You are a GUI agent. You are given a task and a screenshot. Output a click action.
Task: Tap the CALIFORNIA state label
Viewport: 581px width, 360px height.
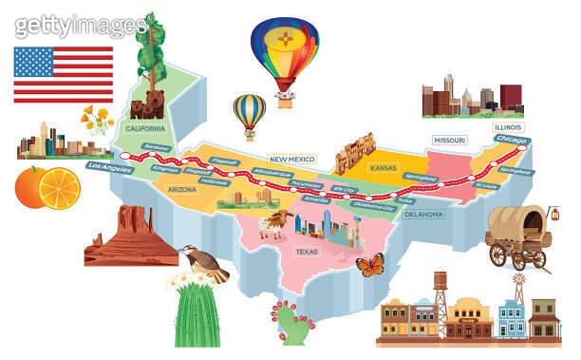pyautogui.click(x=145, y=127)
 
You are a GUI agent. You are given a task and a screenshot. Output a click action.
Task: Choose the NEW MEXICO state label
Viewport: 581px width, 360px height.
pyautogui.click(x=290, y=160)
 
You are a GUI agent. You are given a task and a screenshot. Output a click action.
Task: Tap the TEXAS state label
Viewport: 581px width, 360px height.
pyautogui.click(x=307, y=253)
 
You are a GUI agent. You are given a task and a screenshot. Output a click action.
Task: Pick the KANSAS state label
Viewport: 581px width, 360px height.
pyautogui.click(x=383, y=167)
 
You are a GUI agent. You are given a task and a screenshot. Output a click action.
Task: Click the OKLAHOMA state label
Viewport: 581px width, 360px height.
pyautogui.click(x=423, y=215)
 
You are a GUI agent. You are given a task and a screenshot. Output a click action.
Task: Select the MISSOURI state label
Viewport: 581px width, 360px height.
pyautogui.click(x=449, y=141)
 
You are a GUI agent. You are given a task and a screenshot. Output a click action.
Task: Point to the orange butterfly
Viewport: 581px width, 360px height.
pyautogui.click(x=369, y=264)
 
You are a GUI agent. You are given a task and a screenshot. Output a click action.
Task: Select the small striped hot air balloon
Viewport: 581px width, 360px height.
pyautogui.click(x=251, y=113)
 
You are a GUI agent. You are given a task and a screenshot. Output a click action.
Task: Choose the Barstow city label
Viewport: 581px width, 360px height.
pyautogui.click(x=154, y=148)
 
